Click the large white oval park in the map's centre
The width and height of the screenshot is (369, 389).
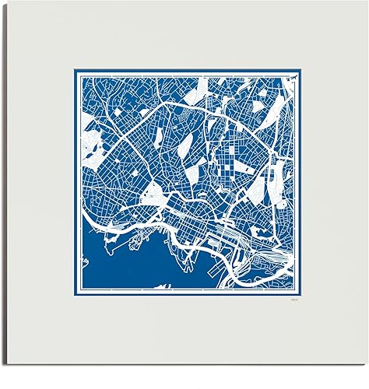coord(188,145)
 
